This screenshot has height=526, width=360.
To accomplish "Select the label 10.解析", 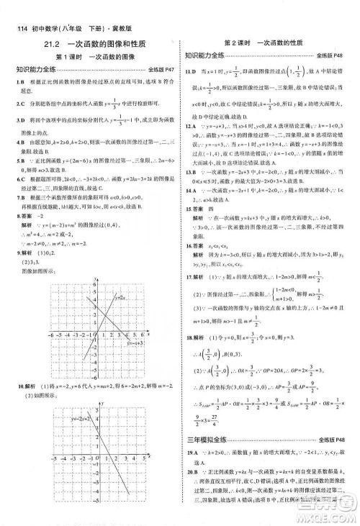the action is [22, 386].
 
